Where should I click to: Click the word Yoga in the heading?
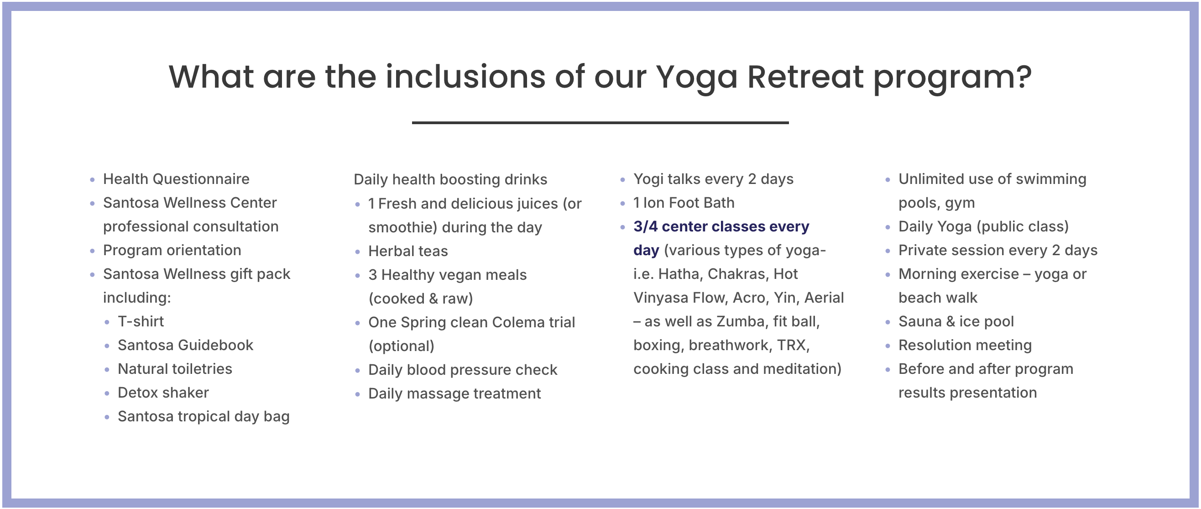tap(697, 78)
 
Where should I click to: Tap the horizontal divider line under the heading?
tap(600, 123)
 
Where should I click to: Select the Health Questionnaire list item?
tap(176, 179)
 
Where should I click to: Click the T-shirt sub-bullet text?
tap(141, 321)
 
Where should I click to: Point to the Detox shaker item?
tap(163, 393)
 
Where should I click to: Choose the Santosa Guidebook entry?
tap(186, 345)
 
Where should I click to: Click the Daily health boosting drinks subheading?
tap(450, 179)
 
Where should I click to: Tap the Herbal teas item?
tap(408, 251)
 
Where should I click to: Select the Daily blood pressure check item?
tap(463, 370)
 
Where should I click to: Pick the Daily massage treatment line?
tap(454, 394)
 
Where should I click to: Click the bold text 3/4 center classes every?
tap(721, 227)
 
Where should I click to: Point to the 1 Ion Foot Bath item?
tap(684, 203)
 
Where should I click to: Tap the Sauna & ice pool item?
tap(956, 321)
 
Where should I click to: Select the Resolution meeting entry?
tap(965, 345)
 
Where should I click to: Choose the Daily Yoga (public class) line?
tap(983, 227)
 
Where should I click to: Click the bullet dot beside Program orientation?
tap(92, 251)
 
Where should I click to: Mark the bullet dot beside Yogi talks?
tap(622, 179)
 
